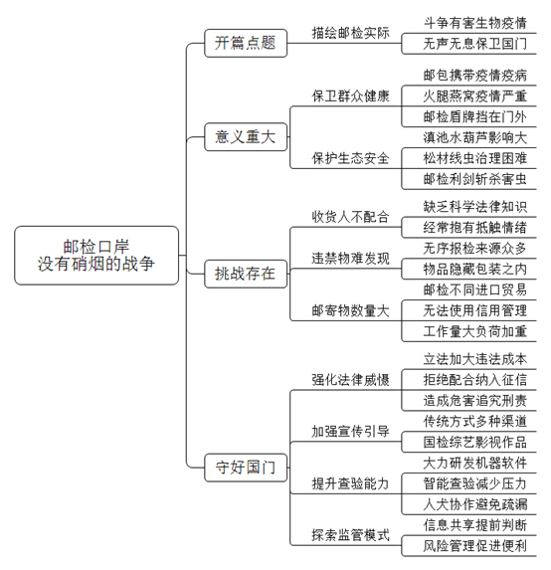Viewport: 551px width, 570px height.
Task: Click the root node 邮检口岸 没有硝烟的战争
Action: click(96, 256)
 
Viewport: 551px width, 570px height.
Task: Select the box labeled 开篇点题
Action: click(246, 43)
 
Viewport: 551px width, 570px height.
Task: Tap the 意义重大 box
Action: click(246, 137)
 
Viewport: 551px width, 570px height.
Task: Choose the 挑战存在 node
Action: click(246, 274)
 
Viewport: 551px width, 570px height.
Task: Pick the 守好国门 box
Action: click(246, 468)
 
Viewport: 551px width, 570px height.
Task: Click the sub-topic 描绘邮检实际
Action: click(350, 33)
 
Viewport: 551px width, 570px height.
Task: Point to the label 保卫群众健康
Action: click(350, 96)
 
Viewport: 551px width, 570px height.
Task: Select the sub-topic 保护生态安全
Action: click(350, 158)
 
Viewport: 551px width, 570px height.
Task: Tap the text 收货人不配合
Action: click(350, 217)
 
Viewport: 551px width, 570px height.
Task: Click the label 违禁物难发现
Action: click(350, 259)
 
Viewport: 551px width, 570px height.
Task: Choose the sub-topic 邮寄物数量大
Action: click(350, 310)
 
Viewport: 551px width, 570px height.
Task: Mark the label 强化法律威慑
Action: click(350, 380)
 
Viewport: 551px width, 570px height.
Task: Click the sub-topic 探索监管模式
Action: click(350, 535)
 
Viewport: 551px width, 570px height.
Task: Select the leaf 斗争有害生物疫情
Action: click(475, 23)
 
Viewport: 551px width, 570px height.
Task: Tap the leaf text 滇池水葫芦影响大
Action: click(475, 137)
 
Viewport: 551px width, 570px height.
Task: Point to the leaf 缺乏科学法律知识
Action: click(475, 207)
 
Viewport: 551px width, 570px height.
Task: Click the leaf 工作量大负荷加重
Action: click(475, 331)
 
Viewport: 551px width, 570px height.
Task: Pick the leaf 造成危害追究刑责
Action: click(475, 401)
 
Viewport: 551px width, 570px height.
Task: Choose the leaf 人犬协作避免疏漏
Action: click(475, 504)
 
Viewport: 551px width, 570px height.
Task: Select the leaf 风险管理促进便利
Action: click(475, 546)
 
